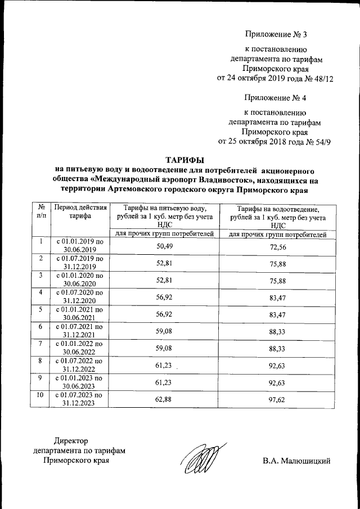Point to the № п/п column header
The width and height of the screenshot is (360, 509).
41,213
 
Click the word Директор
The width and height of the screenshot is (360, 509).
71,440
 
